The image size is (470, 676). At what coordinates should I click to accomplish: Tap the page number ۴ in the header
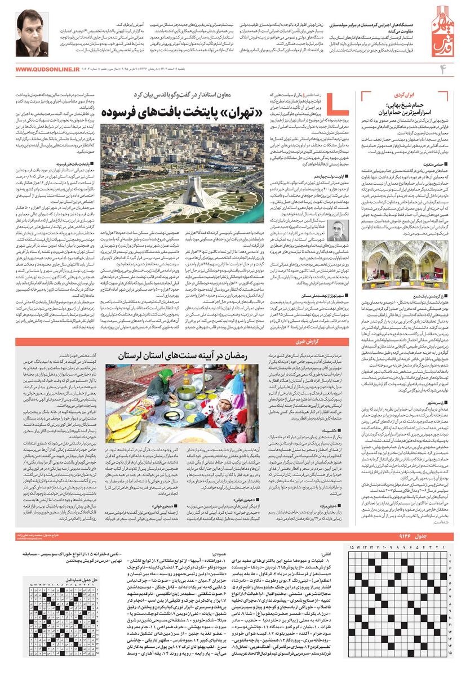(442, 69)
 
